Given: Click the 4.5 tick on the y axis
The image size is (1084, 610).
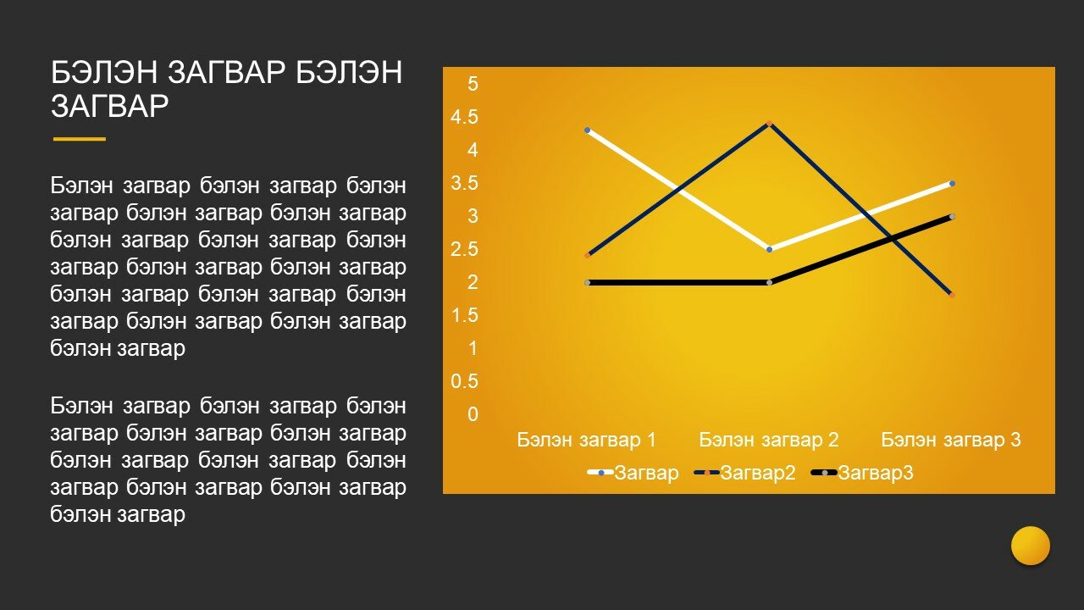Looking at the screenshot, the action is (464, 117).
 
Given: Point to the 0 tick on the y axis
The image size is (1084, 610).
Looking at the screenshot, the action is (473, 414).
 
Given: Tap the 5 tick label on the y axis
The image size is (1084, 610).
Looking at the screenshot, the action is (473, 84).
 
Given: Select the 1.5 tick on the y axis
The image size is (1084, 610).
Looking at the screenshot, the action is (464, 315).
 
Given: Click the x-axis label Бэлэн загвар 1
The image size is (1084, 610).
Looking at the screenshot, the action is (587, 440).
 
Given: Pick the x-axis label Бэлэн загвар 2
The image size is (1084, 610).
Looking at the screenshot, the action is (768, 440).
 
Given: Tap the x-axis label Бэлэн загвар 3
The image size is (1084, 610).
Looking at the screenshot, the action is (951, 440).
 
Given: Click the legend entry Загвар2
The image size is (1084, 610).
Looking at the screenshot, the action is (745, 473).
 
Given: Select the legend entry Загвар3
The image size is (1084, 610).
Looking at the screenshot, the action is (862, 473).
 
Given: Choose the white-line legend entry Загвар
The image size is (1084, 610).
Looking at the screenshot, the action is (633, 473).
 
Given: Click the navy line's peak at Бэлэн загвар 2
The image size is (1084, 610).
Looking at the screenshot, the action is (770, 124).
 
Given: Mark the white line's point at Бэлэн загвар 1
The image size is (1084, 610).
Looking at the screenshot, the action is (588, 130).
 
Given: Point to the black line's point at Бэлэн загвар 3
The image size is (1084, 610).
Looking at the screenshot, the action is (952, 216).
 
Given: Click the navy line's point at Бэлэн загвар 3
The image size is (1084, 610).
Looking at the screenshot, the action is (952, 294).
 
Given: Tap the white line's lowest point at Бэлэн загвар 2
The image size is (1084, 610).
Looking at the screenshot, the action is (770, 249).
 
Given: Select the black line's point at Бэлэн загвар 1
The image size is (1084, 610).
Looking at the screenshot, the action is (588, 282).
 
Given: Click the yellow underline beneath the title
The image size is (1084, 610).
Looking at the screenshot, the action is (80, 139).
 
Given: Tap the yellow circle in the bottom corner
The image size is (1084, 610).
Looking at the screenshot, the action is (1031, 546).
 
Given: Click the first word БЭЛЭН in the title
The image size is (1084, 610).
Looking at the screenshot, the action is (104, 72).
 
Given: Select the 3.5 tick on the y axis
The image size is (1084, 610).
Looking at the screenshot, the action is (464, 183).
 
